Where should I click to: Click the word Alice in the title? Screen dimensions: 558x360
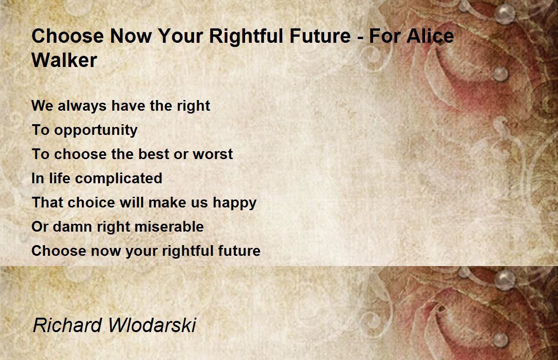click(430, 36)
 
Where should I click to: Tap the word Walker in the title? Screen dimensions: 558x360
click(64, 60)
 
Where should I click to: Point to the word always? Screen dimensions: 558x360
click(82, 106)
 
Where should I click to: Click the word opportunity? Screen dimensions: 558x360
click(96, 130)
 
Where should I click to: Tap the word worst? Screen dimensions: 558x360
click(213, 154)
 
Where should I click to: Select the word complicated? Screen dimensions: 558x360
click(119, 179)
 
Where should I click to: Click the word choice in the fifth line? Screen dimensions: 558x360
click(91, 202)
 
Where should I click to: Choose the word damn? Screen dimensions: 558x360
click(73, 227)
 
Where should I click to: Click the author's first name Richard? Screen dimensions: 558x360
click(67, 325)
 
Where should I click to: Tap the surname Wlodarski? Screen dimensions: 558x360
click(152, 325)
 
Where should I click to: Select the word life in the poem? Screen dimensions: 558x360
click(60, 178)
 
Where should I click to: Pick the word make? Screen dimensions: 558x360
click(167, 202)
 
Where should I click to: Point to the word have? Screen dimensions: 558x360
click(128, 106)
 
